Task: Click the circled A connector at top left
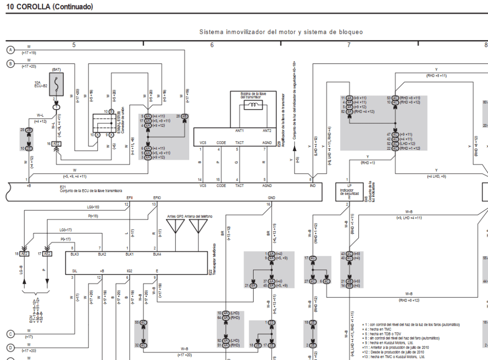(x=10, y=50)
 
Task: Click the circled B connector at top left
(x=10, y=63)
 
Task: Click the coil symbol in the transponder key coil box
(x=254, y=105)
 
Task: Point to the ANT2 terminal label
(x=267, y=131)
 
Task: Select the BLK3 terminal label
(x=74, y=255)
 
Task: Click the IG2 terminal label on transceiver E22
(x=128, y=270)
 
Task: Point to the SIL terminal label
(x=74, y=270)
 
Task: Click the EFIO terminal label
(x=157, y=197)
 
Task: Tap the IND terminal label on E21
(x=312, y=185)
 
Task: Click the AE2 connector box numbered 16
(x=56, y=143)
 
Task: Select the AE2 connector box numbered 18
(x=25, y=254)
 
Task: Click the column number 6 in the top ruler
(x=212, y=45)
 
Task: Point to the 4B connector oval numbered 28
(x=184, y=116)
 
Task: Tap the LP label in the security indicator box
(x=349, y=185)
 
